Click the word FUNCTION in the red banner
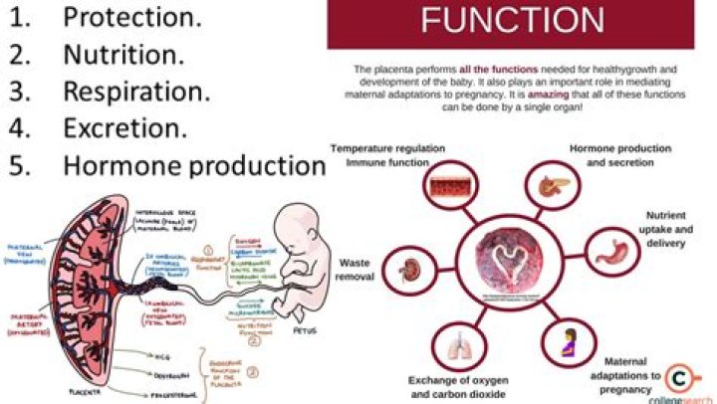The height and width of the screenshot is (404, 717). (512, 22)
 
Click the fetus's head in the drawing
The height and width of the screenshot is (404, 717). (299, 233)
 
